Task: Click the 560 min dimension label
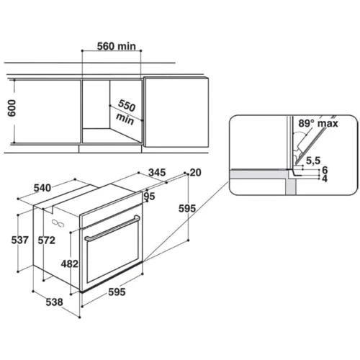[x=117, y=46]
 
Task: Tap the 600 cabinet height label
[x=12, y=108]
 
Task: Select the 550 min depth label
[x=125, y=112]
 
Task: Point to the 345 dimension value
[x=157, y=172]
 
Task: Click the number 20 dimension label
[x=196, y=173]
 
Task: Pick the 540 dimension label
[x=42, y=188]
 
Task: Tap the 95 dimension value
[x=149, y=197]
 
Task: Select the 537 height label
[x=20, y=240]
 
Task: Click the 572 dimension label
[x=47, y=240]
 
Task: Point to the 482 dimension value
[x=70, y=264]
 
